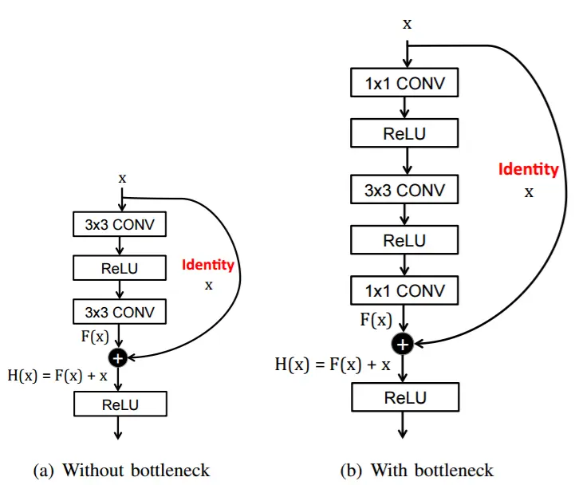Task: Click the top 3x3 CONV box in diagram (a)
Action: tap(120, 224)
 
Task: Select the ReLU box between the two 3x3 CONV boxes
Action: tap(120, 268)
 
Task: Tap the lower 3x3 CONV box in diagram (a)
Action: tap(120, 312)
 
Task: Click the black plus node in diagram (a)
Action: tap(118, 357)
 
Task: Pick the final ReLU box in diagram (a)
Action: tap(120, 404)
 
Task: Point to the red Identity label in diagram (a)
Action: tap(208, 265)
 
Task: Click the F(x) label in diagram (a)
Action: tap(95, 337)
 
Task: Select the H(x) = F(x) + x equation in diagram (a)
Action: tap(57, 376)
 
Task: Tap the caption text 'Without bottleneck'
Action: tap(136, 471)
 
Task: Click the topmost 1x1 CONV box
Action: tap(404, 82)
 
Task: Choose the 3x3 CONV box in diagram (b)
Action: tap(404, 189)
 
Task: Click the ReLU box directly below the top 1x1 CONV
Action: tap(404, 132)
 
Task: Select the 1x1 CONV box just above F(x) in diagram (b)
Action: tap(404, 290)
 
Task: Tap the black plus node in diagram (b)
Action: tap(403, 344)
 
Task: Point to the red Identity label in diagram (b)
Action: tap(529, 169)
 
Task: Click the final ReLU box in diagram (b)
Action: tap(405, 397)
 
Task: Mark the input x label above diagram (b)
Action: tap(407, 24)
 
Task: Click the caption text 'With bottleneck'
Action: tap(432, 471)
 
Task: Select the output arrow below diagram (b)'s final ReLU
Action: tap(403, 425)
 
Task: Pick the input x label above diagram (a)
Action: tap(122, 179)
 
